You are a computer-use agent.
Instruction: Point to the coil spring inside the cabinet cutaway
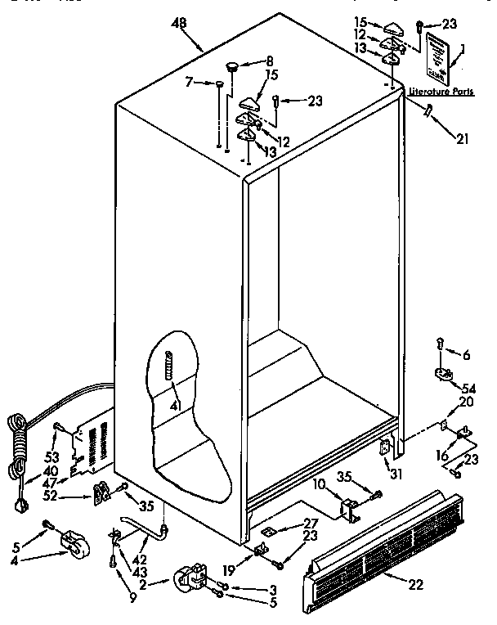(x=170, y=364)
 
